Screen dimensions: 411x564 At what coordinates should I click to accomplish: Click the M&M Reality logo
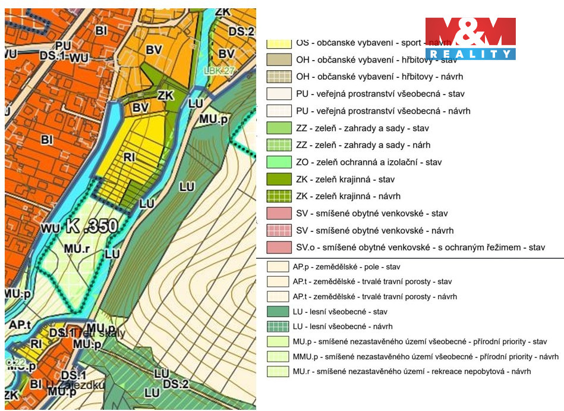click(x=470, y=39)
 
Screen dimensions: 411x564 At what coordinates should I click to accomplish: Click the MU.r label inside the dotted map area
click(x=77, y=249)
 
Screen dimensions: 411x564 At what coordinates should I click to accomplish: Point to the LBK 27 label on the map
click(x=220, y=70)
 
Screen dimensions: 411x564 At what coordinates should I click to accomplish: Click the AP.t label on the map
click(x=20, y=324)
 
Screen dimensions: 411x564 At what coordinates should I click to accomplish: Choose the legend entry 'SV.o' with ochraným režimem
click(x=420, y=247)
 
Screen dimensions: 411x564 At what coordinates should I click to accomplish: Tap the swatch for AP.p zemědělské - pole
click(x=278, y=267)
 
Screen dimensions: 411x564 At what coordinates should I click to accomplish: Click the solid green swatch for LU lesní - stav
click(x=278, y=311)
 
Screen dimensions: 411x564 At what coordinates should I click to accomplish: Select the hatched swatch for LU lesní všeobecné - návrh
click(x=278, y=326)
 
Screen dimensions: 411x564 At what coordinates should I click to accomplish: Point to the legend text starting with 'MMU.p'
click(x=425, y=357)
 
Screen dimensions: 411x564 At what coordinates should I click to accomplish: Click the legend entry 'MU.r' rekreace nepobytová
click(x=411, y=371)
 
